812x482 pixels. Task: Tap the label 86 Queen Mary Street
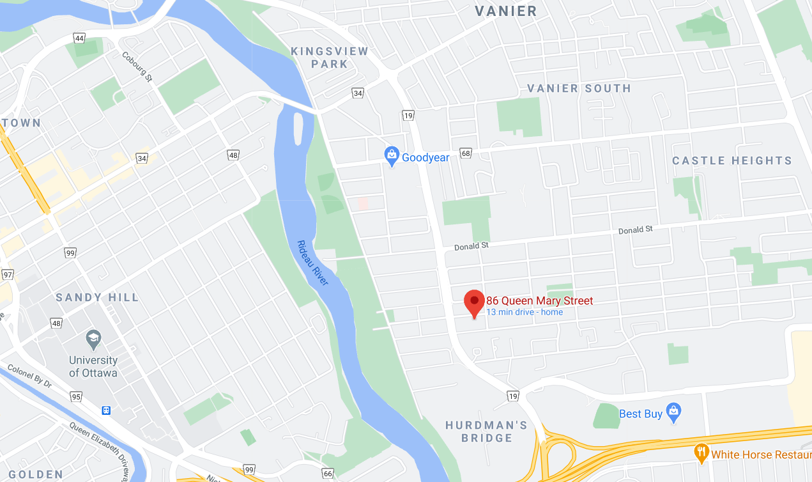(540, 301)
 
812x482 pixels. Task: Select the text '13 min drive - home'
(525, 312)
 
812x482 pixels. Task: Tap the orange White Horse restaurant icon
(701, 453)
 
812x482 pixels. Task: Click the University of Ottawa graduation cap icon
(93, 339)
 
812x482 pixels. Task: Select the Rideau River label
(312, 263)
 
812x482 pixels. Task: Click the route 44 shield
(79, 38)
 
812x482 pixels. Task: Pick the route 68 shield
(465, 153)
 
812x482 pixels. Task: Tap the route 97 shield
(8, 274)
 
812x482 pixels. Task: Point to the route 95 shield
(77, 396)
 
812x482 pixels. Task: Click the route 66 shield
(328, 473)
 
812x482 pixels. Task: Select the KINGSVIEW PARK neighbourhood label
(330, 58)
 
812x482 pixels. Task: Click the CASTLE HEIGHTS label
(732, 160)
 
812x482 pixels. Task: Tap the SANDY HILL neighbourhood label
(97, 297)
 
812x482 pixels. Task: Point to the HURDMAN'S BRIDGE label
(487, 431)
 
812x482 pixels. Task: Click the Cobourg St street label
(137, 66)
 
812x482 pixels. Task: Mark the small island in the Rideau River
(298, 130)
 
